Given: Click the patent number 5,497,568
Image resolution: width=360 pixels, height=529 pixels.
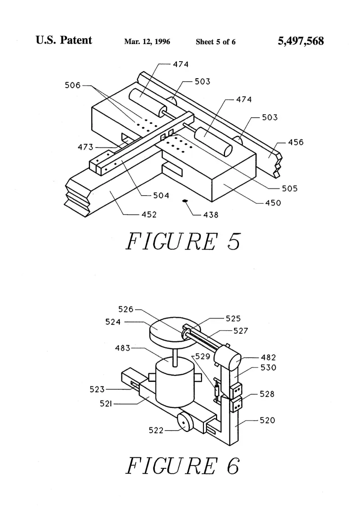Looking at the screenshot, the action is pyautogui.click(x=301, y=41).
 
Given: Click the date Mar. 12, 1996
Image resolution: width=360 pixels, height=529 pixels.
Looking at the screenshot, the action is pyautogui.click(x=147, y=42).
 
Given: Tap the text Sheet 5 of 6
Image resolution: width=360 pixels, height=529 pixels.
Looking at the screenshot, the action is pyautogui.click(x=216, y=42).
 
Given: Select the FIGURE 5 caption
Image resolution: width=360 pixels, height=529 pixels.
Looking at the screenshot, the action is pyautogui.click(x=183, y=242).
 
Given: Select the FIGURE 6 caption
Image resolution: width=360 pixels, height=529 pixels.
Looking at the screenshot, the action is pyautogui.click(x=183, y=466).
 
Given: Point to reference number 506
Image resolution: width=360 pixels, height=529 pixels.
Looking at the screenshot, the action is pyautogui.click(x=72, y=85).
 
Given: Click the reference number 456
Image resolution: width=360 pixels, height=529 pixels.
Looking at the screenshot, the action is pyautogui.click(x=296, y=142).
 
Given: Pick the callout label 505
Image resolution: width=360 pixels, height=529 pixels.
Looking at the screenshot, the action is pyautogui.click(x=289, y=188).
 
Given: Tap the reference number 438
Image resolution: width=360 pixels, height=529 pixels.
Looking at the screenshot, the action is pyautogui.click(x=211, y=215).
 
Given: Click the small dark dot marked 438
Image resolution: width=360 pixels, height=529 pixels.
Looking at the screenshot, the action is pyautogui.click(x=184, y=202).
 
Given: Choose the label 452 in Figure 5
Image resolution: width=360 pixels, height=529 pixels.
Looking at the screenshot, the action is pyautogui.click(x=149, y=215).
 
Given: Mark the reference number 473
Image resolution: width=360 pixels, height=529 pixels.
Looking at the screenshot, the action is pyautogui.click(x=85, y=147).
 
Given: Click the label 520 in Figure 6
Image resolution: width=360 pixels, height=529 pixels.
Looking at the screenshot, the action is pyautogui.click(x=267, y=420).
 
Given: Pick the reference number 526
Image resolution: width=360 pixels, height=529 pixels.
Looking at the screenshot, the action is pyautogui.click(x=126, y=309).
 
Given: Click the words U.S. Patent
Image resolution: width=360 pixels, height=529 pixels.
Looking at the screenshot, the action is pyautogui.click(x=64, y=40).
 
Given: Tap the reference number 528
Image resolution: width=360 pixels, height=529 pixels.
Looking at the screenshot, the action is pyautogui.click(x=267, y=394).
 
